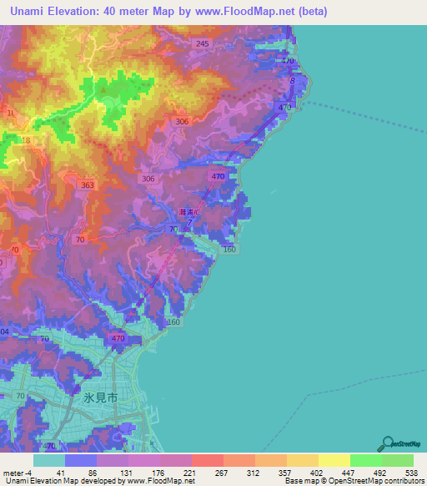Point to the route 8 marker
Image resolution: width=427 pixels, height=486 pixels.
pos(293,81)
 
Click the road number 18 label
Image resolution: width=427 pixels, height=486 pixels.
pos(26,141)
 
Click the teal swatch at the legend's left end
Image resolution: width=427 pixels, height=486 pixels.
pos(49,460)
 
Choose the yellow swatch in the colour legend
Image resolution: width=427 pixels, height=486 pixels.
pos(334,460)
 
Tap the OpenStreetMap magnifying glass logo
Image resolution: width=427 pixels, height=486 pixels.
pos(386,443)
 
